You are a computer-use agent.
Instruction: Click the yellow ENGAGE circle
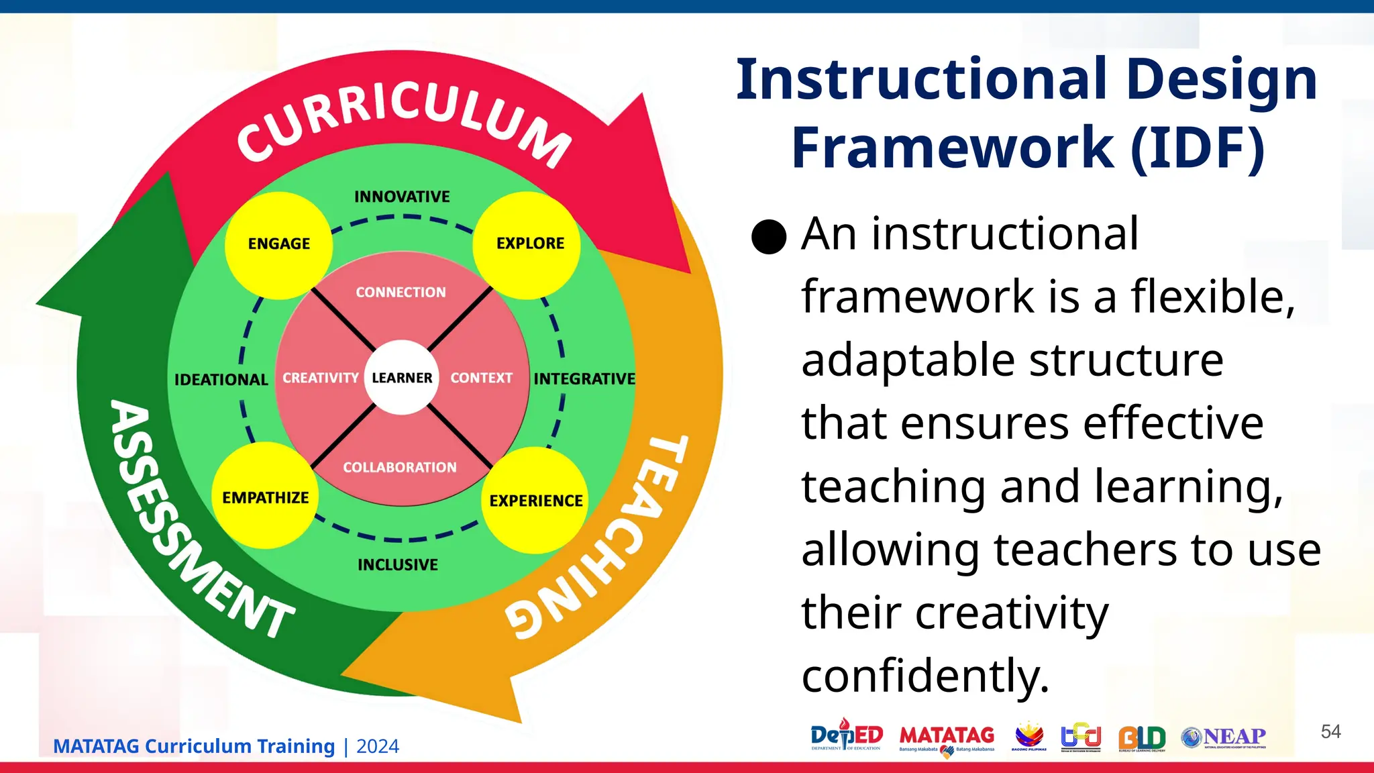278,245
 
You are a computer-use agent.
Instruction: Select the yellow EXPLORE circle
527,245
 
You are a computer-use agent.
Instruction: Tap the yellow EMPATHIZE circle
265,497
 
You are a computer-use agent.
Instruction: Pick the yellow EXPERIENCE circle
535,501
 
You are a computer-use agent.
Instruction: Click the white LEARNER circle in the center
401,378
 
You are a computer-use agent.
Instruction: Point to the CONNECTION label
401,293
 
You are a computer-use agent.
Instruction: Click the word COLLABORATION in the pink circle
400,468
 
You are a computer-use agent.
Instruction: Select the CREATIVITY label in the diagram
320,378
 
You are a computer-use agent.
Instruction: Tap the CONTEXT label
481,378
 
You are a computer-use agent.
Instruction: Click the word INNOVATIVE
402,197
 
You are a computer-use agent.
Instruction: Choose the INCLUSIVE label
398,565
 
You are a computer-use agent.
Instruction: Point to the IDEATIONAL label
221,380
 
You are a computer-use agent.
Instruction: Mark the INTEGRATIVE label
584,379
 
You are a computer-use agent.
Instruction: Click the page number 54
1330,731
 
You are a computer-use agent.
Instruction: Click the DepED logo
846,737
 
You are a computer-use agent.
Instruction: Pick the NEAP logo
1224,737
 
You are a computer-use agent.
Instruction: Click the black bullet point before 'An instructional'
769,237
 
